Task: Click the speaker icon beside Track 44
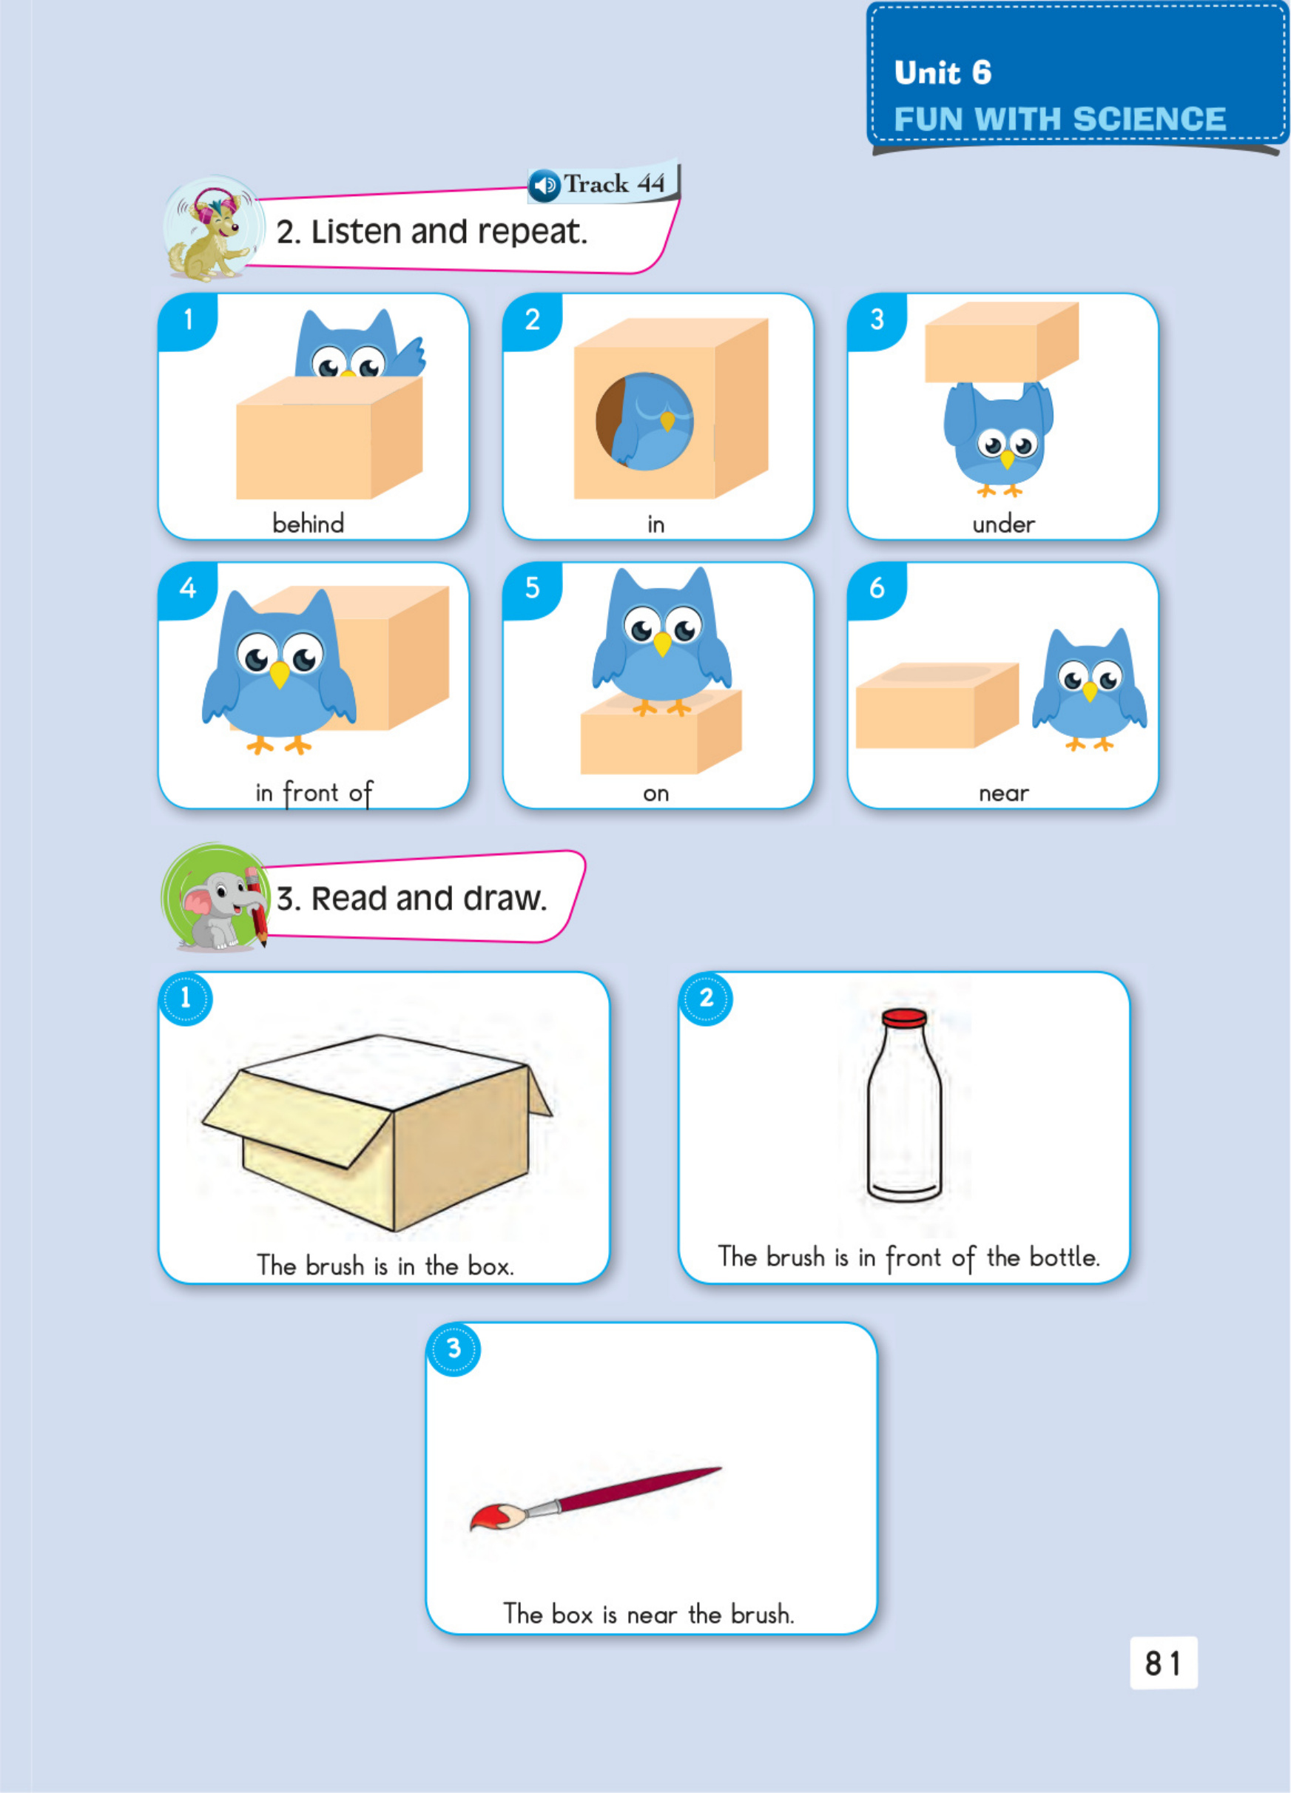tap(545, 186)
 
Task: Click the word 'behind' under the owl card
tap(309, 524)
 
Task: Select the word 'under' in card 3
tap(1003, 524)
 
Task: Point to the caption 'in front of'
tap(314, 793)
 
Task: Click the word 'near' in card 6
tap(1004, 794)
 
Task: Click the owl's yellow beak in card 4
tap(279, 675)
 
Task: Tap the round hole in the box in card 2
tap(644, 422)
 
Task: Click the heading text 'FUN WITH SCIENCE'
tap(1059, 119)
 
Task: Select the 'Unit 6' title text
tap(943, 72)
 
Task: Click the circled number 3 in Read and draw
tap(454, 1348)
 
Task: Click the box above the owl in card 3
tap(1002, 342)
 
